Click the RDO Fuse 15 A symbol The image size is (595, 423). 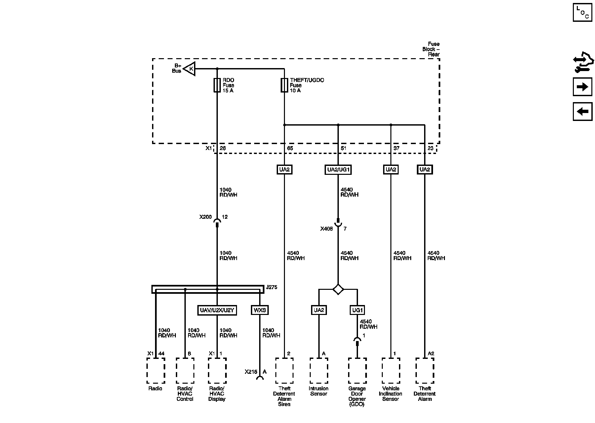point(217,85)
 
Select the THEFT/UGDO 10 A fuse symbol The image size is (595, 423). point(284,85)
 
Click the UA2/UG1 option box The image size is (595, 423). point(338,170)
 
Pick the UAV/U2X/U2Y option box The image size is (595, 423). point(217,310)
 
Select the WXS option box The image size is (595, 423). point(260,310)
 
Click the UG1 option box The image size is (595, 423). point(357,310)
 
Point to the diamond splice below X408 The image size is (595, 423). point(338,289)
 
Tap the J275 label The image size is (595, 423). point(271,287)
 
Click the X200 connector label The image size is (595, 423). point(205,217)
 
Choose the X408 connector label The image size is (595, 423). point(326,229)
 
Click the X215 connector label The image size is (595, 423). point(251,372)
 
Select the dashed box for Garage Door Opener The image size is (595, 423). point(357,370)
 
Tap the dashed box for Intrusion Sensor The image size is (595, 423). point(319,370)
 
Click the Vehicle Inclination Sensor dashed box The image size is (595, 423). point(391,370)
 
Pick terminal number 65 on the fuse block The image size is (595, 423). point(290,148)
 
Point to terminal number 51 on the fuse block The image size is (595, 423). point(343,148)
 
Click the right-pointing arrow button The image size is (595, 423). point(582,87)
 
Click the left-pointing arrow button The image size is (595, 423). point(582,111)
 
